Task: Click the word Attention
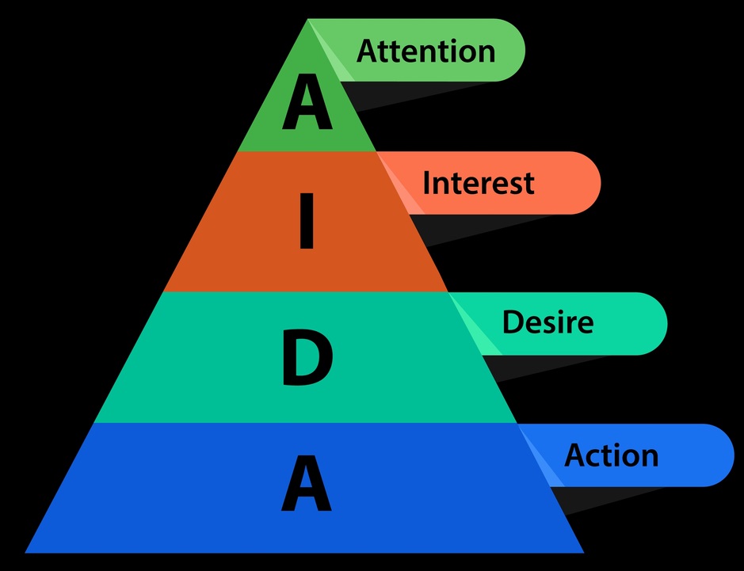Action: [425, 51]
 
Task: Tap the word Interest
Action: [478, 183]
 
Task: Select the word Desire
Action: [548, 322]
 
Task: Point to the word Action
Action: [611, 455]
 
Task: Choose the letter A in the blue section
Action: [307, 485]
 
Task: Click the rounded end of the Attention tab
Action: [511, 50]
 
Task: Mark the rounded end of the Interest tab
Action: [586, 183]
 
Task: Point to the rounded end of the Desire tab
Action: [653, 323]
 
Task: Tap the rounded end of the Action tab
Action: [719, 455]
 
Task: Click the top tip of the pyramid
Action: [307, 20]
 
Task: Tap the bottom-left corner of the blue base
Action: [27, 551]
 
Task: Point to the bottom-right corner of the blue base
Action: [583, 551]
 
